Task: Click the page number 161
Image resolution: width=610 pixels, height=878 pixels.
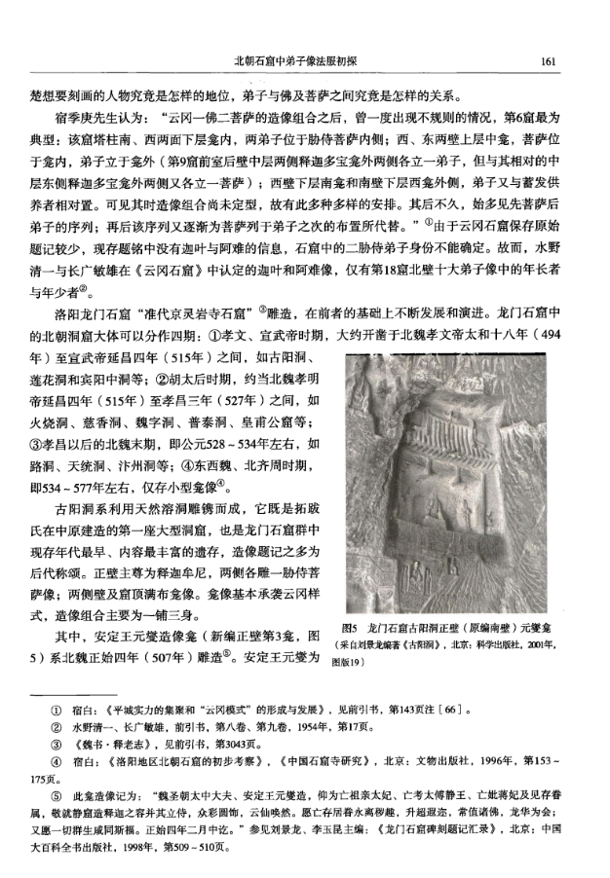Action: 547,62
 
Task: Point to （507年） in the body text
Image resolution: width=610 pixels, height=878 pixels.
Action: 214,658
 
